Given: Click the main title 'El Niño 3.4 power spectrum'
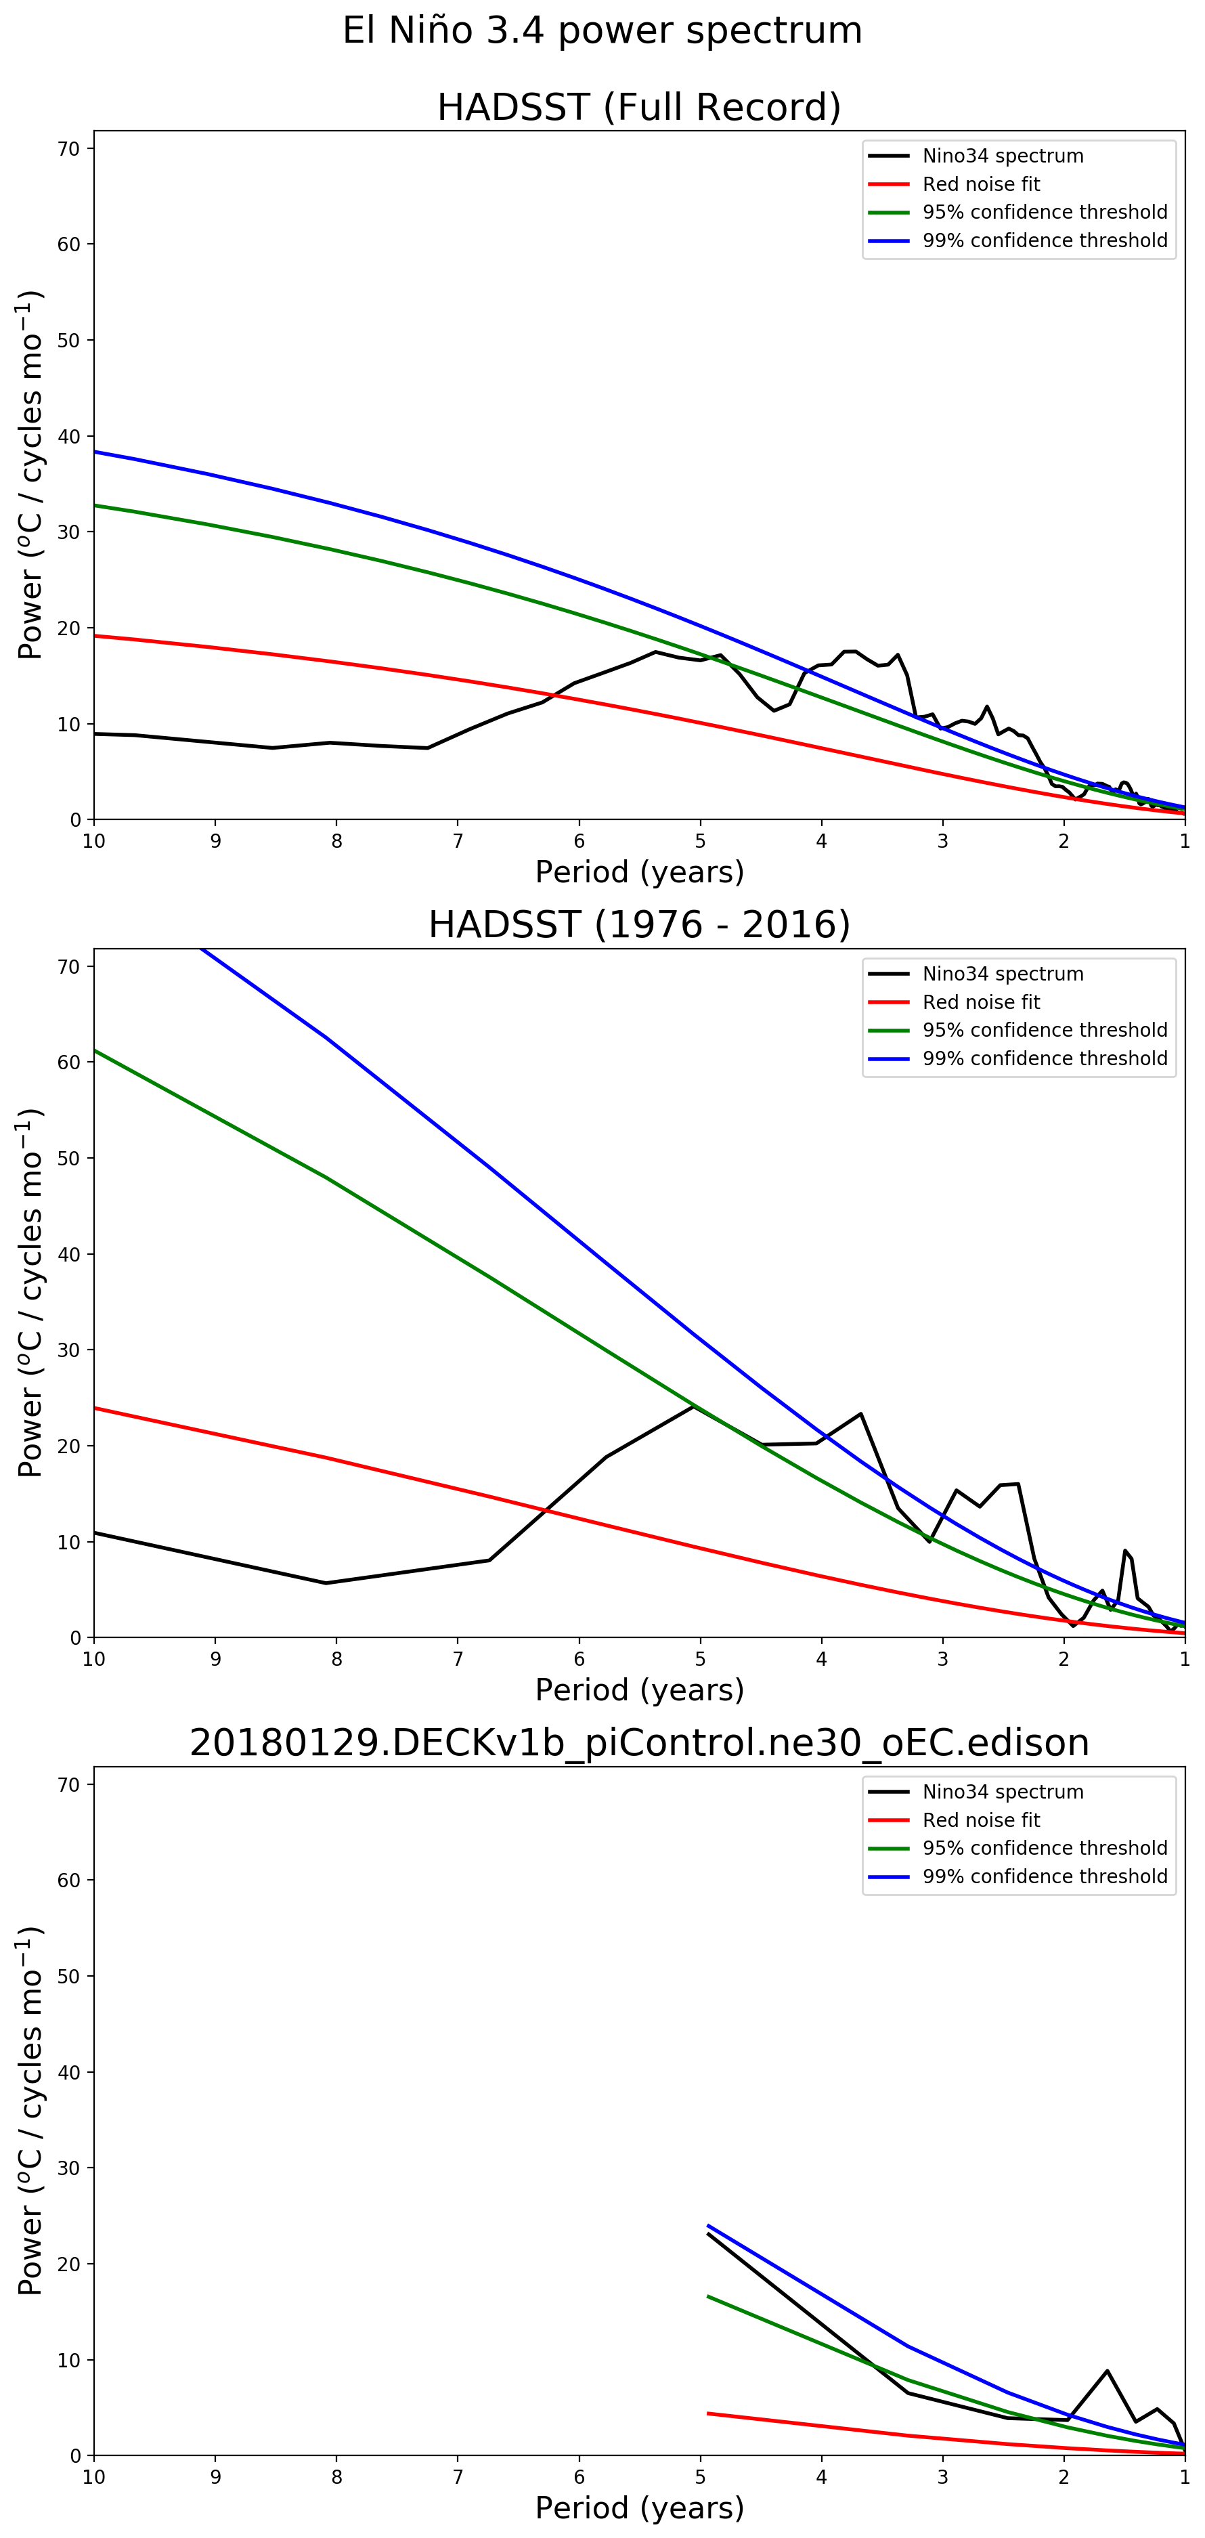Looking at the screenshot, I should click(602, 30).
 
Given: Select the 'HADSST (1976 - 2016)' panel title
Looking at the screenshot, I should click(638, 925).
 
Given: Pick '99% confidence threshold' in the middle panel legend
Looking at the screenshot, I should click(1045, 1058).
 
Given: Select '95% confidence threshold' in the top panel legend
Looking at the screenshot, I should click(1045, 212).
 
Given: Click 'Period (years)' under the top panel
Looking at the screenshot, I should click(638, 872).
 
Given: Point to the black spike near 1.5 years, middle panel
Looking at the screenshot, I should click(1124, 1550).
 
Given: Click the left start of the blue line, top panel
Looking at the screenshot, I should click(95, 451).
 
